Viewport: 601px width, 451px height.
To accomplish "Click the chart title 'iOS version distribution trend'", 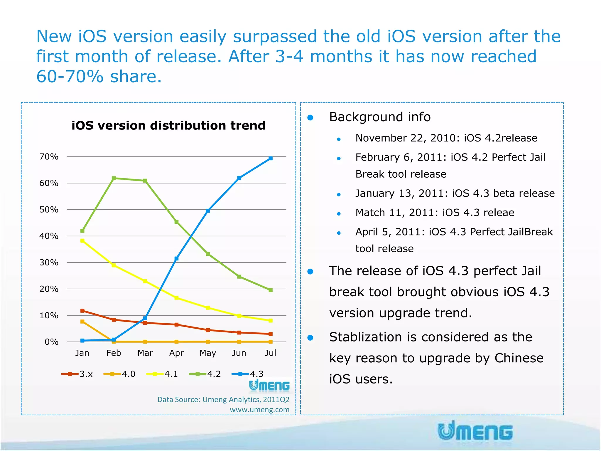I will click(168, 126).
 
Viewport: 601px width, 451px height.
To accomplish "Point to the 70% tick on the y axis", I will click(49, 157).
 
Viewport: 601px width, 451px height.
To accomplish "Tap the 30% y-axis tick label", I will click(49, 262).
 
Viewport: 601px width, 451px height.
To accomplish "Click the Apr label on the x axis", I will click(176, 353).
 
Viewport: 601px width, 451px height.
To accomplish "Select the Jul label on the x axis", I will click(270, 353).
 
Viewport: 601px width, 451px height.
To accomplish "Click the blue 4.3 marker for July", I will click(271, 159).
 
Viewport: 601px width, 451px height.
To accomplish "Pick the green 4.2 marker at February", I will click(114, 178).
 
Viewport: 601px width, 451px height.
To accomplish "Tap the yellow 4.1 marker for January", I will click(82, 241).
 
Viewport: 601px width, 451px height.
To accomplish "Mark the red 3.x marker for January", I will click(82, 311).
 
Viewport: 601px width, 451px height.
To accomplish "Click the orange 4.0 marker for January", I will click(82, 322).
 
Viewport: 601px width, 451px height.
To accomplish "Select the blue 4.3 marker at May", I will click(208, 211).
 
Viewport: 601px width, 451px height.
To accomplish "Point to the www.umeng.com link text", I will click(259, 410).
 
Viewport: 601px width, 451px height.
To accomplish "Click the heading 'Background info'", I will click(380, 117).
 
